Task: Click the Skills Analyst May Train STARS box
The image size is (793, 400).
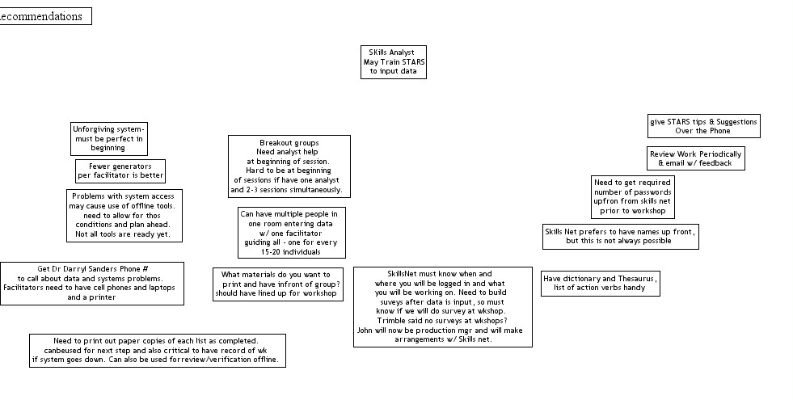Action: click(394, 62)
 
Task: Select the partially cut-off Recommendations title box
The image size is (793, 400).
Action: click(44, 16)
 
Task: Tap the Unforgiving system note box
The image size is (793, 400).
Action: click(108, 138)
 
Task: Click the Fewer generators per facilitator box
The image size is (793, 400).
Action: click(120, 171)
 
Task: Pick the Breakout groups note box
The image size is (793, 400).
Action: click(289, 166)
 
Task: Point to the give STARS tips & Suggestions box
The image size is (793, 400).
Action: click(703, 126)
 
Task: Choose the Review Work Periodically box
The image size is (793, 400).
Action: click(695, 158)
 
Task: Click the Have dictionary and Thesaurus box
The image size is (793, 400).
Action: click(601, 284)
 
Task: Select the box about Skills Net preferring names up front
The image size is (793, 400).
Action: click(619, 236)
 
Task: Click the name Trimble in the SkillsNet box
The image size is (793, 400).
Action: click(391, 321)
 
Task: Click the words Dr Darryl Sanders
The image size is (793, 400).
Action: click(86, 268)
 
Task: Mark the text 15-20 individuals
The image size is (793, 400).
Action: click(291, 252)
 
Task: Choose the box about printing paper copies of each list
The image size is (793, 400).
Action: click(158, 351)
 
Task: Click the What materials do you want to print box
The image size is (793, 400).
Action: click(277, 284)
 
